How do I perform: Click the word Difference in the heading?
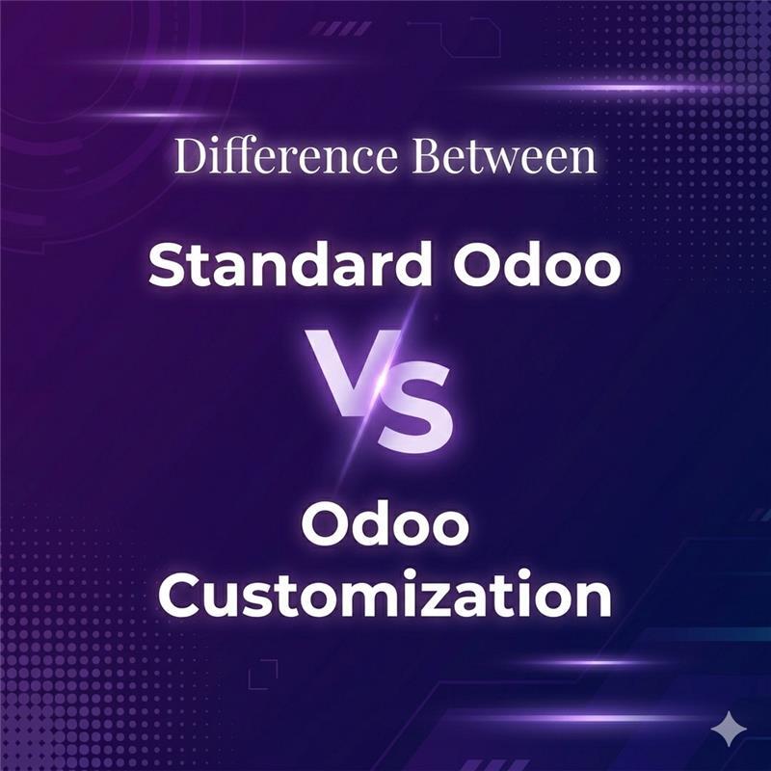[x=282, y=157]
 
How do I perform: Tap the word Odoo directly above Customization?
[x=385, y=530]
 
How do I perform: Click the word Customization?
[x=385, y=595]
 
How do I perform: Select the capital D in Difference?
[x=190, y=158]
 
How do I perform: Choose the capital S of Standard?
[x=172, y=266]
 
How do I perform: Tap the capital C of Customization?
[x=181, y=596]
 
